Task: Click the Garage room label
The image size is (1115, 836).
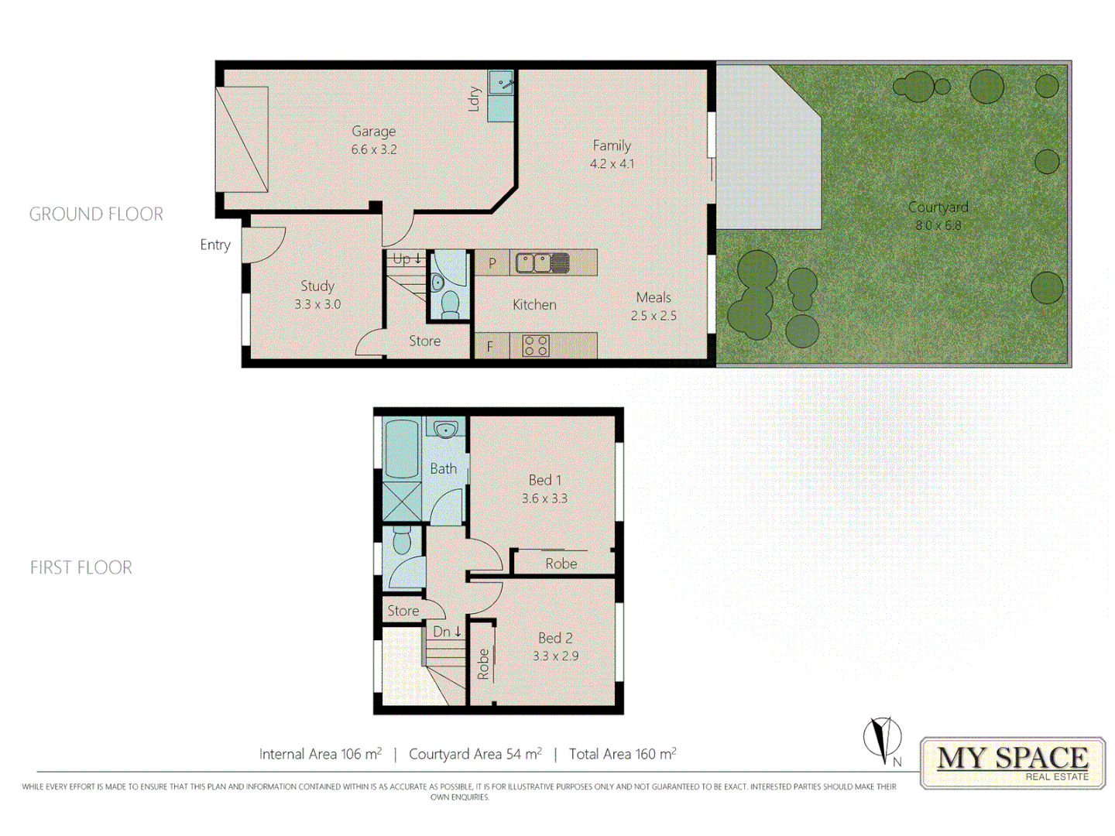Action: click(373, 132)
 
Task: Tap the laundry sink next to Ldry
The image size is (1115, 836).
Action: click(501, 81)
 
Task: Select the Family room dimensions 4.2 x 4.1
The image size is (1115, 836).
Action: click(612, 164)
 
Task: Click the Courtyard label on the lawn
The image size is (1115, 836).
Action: click(938, 207)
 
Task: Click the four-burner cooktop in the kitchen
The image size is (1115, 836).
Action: click(535, 345)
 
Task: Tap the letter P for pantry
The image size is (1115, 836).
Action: click(492, 263)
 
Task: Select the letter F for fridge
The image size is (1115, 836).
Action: click(489, 347)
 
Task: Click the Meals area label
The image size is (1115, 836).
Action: click(654, 297)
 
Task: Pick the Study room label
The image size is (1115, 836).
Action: click(317, 286)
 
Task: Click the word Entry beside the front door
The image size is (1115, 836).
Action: click(215, 245)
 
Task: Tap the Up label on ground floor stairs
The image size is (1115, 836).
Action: click(402, 259)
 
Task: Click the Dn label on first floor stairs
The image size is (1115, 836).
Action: click(442, 632)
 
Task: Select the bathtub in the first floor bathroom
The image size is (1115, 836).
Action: click(402, 449)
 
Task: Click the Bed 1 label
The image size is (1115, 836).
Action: click(545, 480)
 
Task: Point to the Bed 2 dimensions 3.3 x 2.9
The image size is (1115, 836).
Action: click(555, 656)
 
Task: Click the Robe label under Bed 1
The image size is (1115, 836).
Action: click(561, 564)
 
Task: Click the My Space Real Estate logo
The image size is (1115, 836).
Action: click(1013, 762)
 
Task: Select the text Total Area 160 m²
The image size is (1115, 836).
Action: click(623, 754)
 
